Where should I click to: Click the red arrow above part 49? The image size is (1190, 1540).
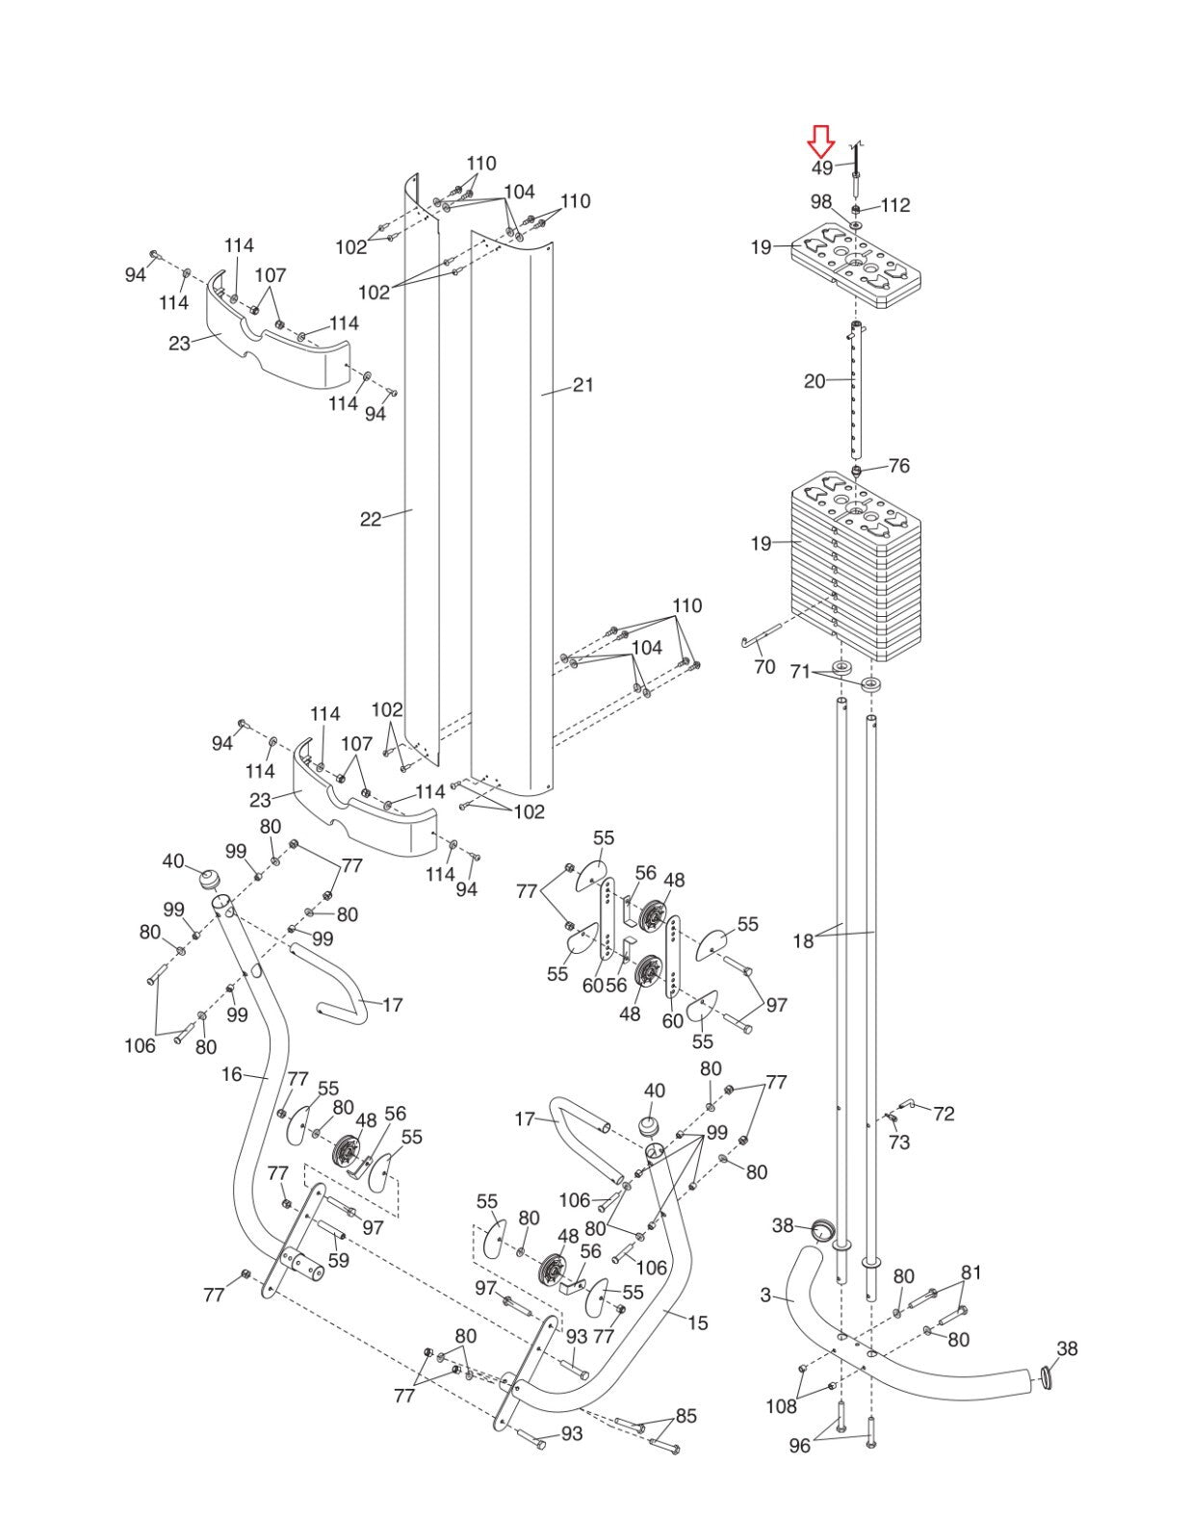(822, 141)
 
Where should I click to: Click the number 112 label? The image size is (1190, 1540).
(895, 206)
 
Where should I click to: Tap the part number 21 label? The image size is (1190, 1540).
(582, 385)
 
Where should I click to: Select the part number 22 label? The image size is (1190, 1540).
(371, 520)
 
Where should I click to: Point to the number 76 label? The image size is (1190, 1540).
(898, 466)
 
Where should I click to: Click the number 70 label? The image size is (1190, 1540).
(764, 667)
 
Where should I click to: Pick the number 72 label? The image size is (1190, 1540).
(944, 1114)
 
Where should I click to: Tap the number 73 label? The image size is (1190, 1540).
(898, 1142)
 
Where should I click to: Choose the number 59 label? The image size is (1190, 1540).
(339, 1261)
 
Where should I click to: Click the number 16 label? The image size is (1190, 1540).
(232, 1074)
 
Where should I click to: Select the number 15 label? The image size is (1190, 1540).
(697, 1323)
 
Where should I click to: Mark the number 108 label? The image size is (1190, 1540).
(781, 1407)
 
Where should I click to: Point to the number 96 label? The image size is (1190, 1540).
(799, 1446)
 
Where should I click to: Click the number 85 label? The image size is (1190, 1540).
(686, 1416)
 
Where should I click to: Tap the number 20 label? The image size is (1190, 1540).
(815, 381)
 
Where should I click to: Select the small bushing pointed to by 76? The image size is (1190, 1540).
(856, 471)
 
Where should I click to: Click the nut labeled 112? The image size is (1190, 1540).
(856, 209)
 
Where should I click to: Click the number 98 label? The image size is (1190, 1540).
(820, 202)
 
